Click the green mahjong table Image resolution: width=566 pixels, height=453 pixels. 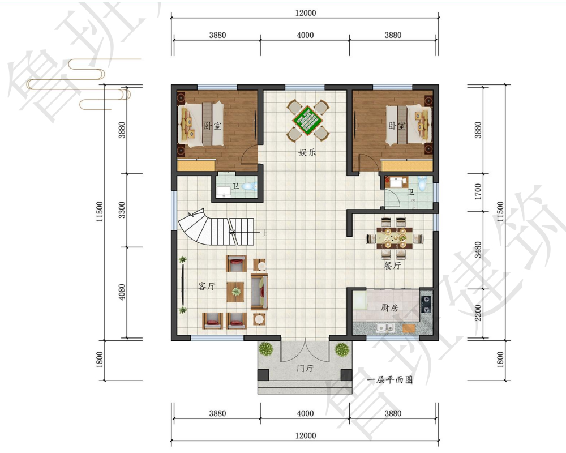click(308, 120)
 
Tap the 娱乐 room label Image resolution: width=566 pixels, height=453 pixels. click(307, 152)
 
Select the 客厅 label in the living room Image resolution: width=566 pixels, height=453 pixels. click(207, 286)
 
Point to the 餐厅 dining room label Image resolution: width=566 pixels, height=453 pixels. click(392, 266)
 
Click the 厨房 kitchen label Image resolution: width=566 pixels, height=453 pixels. click(390, 307)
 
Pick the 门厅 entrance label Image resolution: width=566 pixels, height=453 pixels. click(305, 368)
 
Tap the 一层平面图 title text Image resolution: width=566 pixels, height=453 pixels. click(389, 379)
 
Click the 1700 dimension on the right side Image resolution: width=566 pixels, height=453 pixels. click(478, 191)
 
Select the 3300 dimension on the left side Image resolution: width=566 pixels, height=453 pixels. click(122, 210)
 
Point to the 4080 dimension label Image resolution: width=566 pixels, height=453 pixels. click(122, 292)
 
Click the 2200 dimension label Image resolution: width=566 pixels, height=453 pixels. click(478, 313)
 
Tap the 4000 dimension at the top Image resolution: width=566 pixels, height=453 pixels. click(305, 35)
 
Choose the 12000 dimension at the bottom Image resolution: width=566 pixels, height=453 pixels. click(306, 435)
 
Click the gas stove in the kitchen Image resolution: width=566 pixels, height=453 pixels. click(426, 304)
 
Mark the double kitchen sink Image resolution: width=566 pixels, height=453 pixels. click(385, 327)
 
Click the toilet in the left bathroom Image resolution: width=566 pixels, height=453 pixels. click(249, 186)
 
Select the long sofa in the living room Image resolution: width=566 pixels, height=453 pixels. click(259, 292)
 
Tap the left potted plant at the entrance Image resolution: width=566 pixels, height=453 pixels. click(265, 349)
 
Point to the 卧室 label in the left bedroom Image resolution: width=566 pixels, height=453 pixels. click(213, 126)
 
